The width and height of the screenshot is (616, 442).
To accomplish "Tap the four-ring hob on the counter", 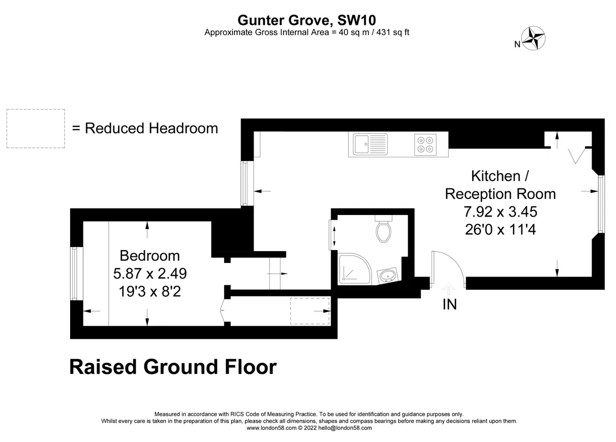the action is click(x=425, y=145).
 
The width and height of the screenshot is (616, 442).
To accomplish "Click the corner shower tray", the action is click(x=354, y=269).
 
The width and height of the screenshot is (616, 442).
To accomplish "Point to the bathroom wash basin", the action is click(x=388, y=276).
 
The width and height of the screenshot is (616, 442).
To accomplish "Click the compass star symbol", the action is click(x=533, y=38).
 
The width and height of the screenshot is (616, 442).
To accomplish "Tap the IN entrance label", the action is click(x=450, y=304).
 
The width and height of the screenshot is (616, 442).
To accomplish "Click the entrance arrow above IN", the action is click(x=448, y=289).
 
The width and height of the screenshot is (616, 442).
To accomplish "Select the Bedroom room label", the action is click(x=149, y=256).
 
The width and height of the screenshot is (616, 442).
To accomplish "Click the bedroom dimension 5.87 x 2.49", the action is click(x=149, y=273).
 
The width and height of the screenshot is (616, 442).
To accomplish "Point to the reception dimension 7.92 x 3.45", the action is click(x=500, y=212).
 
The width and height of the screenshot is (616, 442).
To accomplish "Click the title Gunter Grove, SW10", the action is click(x=307, y=20).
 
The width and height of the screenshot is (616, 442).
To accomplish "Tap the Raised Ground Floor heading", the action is click(x=173, y=367).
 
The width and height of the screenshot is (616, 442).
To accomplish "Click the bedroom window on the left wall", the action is click(x=75, y=273).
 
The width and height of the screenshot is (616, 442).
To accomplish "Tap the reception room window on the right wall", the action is click(x=601, y=204).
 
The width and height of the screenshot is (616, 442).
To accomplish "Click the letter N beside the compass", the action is click(x=518, y=44).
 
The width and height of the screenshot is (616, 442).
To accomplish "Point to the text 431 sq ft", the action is click(x=393, y=32).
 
